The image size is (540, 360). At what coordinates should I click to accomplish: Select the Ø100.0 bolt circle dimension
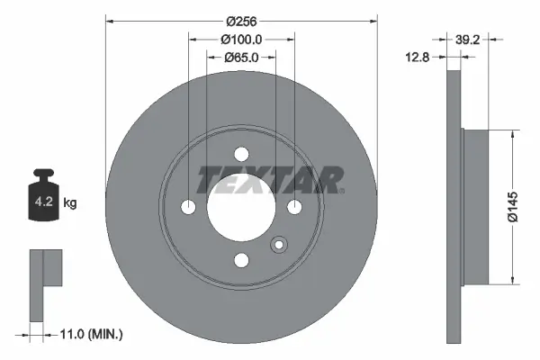point(241,39)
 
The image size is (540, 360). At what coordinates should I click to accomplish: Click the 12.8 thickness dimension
point(416,57)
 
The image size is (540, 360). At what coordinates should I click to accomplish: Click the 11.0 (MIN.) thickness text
point(89,334)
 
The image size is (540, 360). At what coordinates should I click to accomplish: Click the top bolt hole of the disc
point(241,154)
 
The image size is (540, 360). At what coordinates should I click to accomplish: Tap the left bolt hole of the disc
point(188,207)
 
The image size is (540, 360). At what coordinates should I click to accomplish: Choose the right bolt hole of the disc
point(294,207)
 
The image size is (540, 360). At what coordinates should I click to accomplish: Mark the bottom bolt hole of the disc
point(241,260)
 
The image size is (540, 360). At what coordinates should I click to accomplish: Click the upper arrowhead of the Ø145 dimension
point(513,135)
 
